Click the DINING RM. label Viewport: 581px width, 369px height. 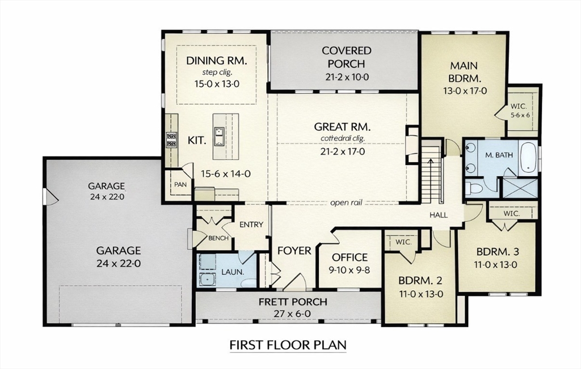coord(216,60)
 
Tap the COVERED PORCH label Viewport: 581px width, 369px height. coord(347,57)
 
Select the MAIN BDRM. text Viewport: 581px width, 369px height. coord(465,72)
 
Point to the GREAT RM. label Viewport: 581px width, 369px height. coord(342,127)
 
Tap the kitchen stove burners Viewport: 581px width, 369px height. coord(171,139)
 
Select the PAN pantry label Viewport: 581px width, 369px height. coord(180,184)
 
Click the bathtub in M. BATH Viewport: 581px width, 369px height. coord(528,158)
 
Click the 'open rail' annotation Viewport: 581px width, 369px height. coord(346,203)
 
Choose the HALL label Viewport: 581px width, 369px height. coord(439,215)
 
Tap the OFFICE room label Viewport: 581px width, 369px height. coord(350,257)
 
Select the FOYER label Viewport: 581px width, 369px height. coord(294,251)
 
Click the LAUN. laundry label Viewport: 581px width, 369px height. coord(232,272)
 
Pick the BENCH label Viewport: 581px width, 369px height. coord(218,238)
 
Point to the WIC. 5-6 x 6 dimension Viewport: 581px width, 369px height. coord(520,115)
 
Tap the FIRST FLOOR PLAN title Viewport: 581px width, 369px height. coord(288,345)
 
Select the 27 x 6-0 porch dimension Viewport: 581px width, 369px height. coord(292,314)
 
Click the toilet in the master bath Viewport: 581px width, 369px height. coord(474,188)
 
